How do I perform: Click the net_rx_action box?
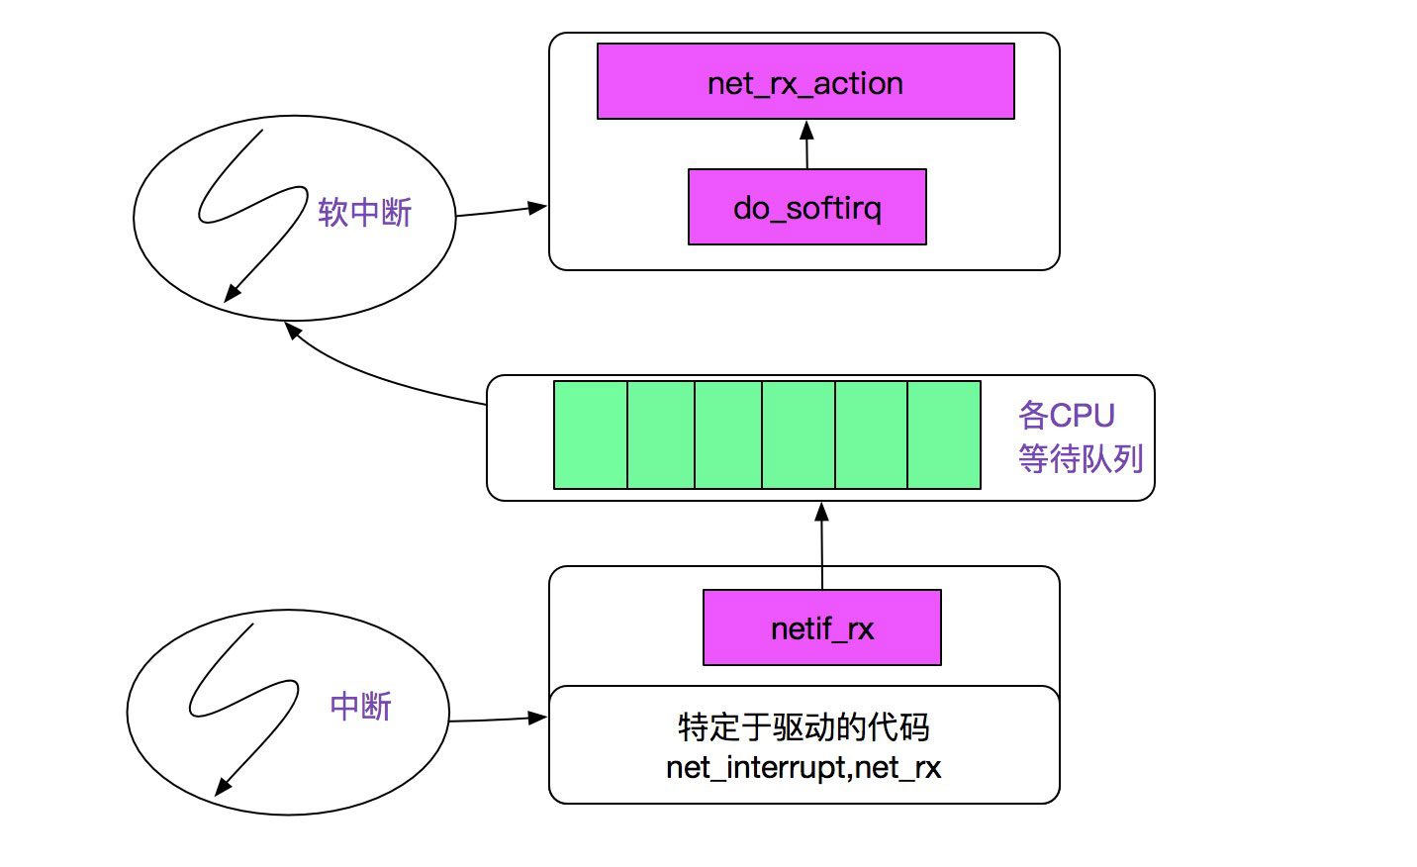(x=805, y=82)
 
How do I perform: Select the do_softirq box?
(x=806, y=207)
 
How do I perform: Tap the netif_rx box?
(x=821, y=628)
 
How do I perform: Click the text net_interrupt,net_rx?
(x=803, y=768)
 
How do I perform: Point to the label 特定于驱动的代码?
(x=803, y=727)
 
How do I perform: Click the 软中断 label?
(x=364, y=212)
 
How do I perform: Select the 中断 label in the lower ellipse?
(x=360, y=706)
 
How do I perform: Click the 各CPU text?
(x=1066, y=415)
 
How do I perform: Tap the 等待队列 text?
(x=1081, y=458)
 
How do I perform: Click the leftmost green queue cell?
(x=591, y=435)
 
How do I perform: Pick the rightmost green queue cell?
(x=944, y=435)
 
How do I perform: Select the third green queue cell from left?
(x=728, y=435)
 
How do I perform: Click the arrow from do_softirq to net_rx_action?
(x=806, y=145)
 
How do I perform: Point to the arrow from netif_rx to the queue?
(x=821, y=546)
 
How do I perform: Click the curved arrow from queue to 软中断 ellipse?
(x=376, y=376)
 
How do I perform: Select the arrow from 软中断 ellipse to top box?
(x=501, y=211)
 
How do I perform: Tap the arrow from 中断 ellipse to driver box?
(x=498, y=720)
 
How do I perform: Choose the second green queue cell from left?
(x=661, y=435)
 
